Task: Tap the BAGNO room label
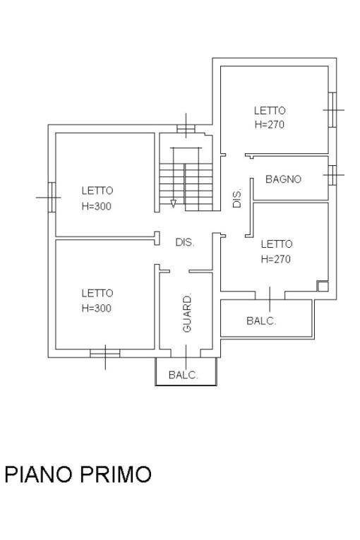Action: click(283, 179)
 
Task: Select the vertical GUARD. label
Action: click(187, 313)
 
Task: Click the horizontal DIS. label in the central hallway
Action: click(184, 242)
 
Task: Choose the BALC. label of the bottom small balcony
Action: click(183, 376)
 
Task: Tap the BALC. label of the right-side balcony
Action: click(260, 320)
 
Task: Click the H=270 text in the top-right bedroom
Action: click(270, 124)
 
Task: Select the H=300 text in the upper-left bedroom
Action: click(97, 207)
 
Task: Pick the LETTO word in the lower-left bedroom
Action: click(97, 293)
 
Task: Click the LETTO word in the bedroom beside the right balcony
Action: click(276, 244)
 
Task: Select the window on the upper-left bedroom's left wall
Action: click(52, 197)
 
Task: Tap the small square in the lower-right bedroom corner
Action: click(323, 286)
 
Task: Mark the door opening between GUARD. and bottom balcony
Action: click(186, 354)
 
